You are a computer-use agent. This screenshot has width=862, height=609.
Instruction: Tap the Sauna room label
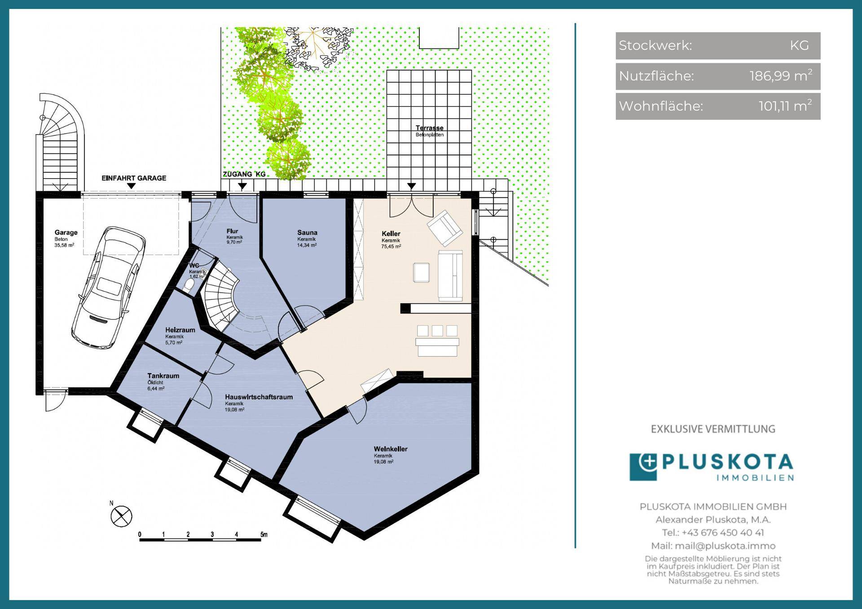(x=307, y=232)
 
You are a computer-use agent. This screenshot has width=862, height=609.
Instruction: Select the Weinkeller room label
(x=391, y=449)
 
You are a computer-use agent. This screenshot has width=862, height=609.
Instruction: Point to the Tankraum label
(x=163, y=376)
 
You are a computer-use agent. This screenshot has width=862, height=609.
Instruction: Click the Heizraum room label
(x=180, y=330)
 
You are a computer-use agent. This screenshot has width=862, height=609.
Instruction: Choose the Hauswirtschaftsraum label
(x=259, y=397)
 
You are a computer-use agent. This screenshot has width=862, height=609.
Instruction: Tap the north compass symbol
(x=121, y=516)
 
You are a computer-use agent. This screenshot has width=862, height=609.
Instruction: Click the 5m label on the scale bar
(x=264, y=535)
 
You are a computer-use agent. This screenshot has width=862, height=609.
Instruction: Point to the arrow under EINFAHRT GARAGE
(x=131, y=186)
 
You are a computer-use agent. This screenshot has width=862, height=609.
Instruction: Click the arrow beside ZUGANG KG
(x=242, y=186)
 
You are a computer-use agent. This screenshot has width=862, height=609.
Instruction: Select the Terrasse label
(x=430, y=128)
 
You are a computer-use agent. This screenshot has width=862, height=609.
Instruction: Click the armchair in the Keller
(x=445, y=228)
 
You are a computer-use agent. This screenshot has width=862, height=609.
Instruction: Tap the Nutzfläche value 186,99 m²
(x=781, y=75)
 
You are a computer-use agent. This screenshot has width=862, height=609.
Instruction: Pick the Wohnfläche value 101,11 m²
(x=785, y=106)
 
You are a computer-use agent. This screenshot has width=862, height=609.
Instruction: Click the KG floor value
(x=799, y=45)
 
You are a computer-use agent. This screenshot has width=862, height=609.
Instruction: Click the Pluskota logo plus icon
(x=643, y=467)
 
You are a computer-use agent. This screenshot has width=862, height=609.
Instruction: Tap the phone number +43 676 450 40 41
(x=722, y=533)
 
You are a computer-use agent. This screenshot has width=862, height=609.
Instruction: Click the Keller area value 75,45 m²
(x=391, y=246)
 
